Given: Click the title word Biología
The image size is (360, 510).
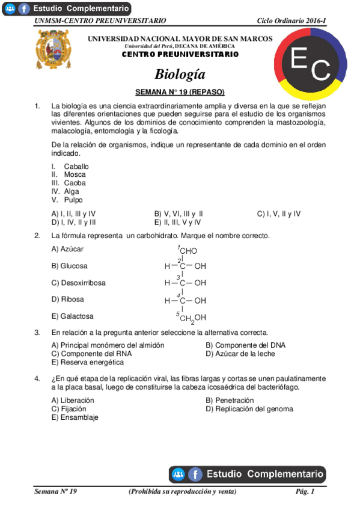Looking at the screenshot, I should click(x=180, y=75).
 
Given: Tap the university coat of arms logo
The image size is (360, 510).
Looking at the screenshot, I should click(x=54, y=49).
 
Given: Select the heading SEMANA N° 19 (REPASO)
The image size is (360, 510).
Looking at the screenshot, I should click(x=180, y=92).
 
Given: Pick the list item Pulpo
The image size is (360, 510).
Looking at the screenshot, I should click(x=73, y=200).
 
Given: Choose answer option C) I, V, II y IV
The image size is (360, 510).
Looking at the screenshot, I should click(x=279, y=214).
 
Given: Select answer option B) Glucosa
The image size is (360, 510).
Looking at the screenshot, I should click(x=69, y=265).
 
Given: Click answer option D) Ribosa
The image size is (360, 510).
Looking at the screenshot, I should click(x=68, y=299).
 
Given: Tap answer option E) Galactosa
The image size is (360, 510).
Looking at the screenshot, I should click(x=73, y=316).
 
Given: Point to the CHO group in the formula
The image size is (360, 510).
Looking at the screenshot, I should click(x=188, y=251).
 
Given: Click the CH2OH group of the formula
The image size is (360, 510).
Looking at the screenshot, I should click(x=192, y=318).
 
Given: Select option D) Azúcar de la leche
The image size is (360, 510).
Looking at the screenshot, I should click(x=240, y=354).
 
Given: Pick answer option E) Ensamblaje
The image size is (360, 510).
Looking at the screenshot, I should click(x=75, y=417).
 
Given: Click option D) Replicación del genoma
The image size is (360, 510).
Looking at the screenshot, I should click(x=249, y=409).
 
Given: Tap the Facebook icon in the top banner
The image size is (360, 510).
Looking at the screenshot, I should click(x=24, y=8).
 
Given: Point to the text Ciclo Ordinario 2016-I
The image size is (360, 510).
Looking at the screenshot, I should click(x=291, y=21).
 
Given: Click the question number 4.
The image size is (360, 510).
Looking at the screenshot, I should click(x=37, y=379).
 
